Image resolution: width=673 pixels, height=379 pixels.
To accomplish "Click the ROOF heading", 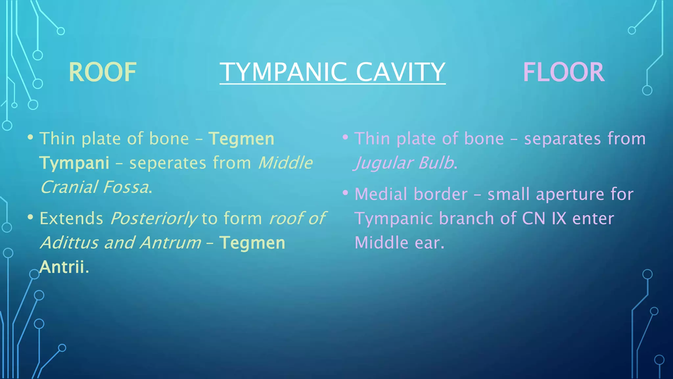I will (x=102, y=72).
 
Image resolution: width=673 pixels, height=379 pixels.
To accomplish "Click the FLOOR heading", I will (x=563, y=72).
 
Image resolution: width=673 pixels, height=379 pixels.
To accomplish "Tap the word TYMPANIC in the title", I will (x=283, y=72).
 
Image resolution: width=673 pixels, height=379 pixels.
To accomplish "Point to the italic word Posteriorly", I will (x=153, y=219).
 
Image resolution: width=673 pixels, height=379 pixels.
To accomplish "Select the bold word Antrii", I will (x=62, y=267).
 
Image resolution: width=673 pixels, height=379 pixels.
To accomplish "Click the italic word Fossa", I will (x=125, y=188).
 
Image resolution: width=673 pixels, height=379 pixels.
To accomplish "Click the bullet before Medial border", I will (x=345, y=193).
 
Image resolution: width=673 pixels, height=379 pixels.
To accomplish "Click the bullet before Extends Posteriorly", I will (x=31, y=217).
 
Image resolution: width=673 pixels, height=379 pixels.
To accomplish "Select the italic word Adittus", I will (x=69, y=243).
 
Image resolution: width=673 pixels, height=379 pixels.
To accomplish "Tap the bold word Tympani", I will (x=74, y=163).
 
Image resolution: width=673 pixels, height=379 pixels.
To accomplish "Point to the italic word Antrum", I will (x=170, y=243).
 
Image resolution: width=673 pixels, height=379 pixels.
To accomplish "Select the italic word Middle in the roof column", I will (x=285, y=163).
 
